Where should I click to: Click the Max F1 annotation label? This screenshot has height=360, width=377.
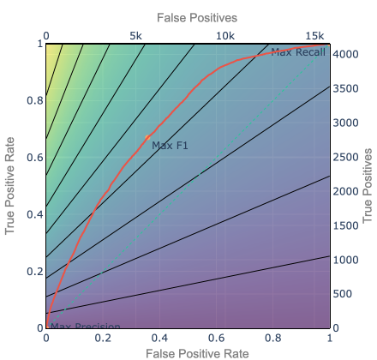tap(170, 146)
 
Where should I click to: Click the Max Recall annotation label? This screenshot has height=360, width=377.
tap(299, 53)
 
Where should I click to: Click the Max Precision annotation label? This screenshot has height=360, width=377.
tap(85, 327)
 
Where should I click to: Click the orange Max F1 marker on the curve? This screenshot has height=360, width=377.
tap(147, 137)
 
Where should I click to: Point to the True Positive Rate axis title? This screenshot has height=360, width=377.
tap(11, 185)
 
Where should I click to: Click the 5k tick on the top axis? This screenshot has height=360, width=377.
tap(135, 35)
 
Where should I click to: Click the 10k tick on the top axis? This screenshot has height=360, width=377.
tap(225, 35)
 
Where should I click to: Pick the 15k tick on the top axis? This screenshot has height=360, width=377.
tap(315, 35)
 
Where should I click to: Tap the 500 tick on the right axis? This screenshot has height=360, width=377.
tap(343, 293)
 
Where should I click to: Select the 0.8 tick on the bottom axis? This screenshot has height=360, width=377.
tap(272, 339)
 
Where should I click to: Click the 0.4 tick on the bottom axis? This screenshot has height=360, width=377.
tap(159, 339)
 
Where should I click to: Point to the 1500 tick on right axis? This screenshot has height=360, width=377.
tap(345, 225)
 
